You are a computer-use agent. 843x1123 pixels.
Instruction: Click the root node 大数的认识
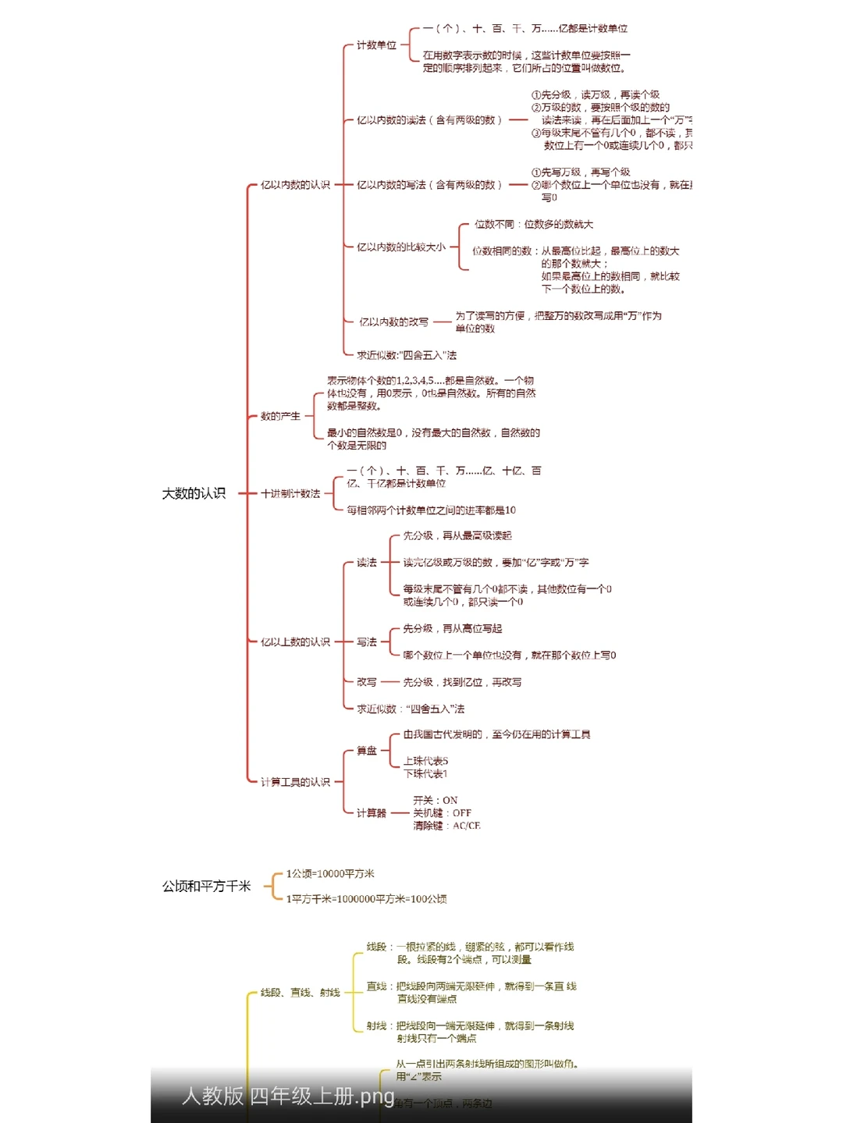(194, 493)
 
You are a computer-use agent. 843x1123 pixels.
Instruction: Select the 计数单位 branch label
(376, 45)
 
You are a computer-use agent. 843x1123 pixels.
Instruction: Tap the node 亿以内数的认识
(295, 185)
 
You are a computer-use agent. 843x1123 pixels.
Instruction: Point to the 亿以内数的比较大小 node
(400, 247)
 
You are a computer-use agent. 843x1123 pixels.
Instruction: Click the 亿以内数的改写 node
(393, 322)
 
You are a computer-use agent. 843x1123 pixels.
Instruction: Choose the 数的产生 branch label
(280, 416)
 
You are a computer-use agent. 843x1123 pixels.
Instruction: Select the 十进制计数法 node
(290, 494)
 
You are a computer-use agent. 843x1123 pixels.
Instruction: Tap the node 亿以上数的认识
(295, 642)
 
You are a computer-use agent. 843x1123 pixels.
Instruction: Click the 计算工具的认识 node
(295, 782)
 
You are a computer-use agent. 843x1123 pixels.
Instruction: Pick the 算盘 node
(367, 751)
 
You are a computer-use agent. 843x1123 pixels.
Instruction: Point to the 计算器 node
(371, 813)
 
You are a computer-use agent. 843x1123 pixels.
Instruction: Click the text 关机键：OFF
(442, 813)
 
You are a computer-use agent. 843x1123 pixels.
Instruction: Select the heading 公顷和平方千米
(206, 887)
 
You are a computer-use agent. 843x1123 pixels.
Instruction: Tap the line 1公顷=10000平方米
(330, 874)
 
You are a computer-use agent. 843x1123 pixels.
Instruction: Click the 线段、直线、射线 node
(300, 993)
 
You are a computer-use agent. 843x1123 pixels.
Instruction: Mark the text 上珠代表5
(425, 761)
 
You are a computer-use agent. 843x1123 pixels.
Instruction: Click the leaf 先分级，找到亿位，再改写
(462, 682)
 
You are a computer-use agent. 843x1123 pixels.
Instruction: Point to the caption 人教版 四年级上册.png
(288, 1096)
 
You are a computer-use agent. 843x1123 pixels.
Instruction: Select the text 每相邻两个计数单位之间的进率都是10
(431, 510)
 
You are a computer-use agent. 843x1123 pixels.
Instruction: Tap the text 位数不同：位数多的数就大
(534, 225)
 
